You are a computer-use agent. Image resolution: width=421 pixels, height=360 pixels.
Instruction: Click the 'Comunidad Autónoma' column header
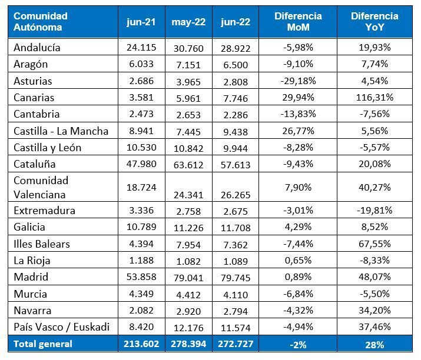pyautogui.click(x=41, y=22)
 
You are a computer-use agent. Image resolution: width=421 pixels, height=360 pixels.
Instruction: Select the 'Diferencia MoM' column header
pyautogui.click(x=298, y=22)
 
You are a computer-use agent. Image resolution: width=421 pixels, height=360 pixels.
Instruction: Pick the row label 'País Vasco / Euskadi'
pyautogui.click(x=61, y=327)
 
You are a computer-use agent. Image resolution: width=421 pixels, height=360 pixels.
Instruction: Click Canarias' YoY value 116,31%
pyautogui.click(x=375, y=98)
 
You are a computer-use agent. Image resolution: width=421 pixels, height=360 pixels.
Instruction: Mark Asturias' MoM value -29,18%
pyautogui.click(x=298, y=81)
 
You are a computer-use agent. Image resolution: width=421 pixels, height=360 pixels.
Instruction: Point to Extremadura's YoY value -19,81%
pyautogui.click(x=375, y=211)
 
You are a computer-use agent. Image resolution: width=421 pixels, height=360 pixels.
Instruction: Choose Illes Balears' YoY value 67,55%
pyautogui.click(x=375, y=244)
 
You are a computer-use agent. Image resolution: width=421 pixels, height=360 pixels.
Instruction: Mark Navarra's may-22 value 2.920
pyautogui.click(x=188, y=311)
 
